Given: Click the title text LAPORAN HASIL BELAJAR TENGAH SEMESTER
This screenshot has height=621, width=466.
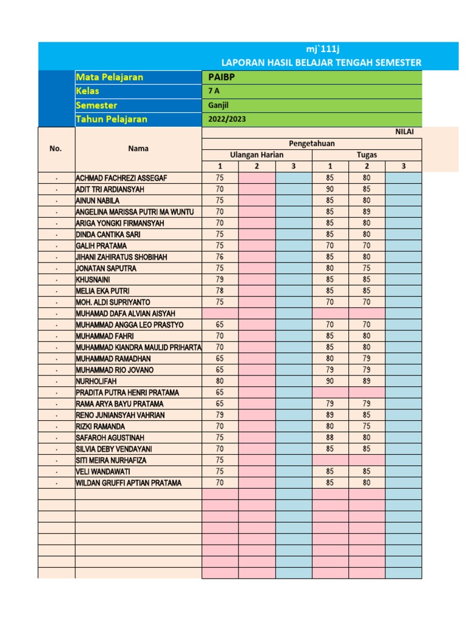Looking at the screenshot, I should [x=321, y=62].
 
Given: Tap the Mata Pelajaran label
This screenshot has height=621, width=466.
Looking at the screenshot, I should [x=109, y=77].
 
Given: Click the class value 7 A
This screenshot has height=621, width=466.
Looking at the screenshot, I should [x=214, y=91].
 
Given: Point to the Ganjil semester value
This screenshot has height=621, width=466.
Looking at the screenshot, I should [x=218, y=105].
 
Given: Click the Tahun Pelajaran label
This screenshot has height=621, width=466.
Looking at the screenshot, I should [x=112, y=119].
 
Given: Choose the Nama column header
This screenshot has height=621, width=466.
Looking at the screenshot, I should [x=138, y=148].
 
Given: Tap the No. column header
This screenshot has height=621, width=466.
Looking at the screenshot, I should [x=56, y=148].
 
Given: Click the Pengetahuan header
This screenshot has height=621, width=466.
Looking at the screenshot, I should [x=312, y=143].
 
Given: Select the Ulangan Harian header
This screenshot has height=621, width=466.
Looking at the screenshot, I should [x=257, y=155].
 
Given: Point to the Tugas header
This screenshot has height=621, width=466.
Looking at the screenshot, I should [x=367, y=155].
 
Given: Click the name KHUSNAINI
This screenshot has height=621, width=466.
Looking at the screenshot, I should [x=93, y=280].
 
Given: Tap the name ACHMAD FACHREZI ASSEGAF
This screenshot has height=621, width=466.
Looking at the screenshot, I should [x=121, y=178].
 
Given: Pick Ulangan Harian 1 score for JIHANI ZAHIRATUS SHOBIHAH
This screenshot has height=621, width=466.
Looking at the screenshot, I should [x=220, y=257].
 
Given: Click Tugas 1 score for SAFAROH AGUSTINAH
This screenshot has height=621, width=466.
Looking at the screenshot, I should [x=330, y=437].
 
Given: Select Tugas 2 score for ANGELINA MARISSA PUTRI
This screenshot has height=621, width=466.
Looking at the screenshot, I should [x=367, y=212].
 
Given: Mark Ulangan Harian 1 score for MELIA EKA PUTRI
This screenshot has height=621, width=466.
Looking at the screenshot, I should [x=220, y=290].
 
